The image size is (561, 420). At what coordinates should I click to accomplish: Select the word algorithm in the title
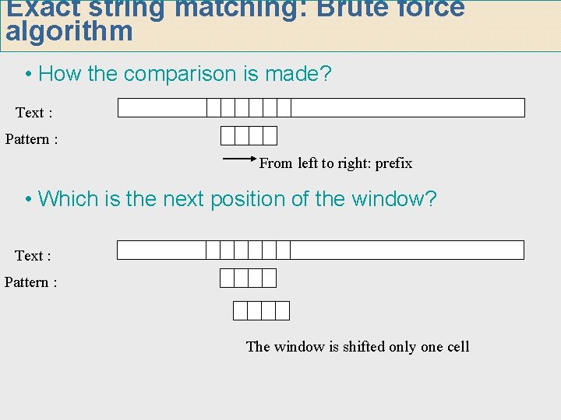tap(69, 33)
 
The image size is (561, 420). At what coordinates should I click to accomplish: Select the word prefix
tap(393, 163)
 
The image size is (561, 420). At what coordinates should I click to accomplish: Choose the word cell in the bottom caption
tap(458, 347)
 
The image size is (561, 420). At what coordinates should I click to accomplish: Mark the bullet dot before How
tap(28, 75)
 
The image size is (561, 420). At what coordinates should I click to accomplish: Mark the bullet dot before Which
tap(28, 200)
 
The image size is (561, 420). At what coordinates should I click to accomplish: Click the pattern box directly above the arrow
tap(249, 136)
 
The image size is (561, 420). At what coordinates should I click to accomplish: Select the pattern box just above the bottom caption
tap(261, 311)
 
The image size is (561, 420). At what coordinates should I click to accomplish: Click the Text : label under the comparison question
tap(34, 113)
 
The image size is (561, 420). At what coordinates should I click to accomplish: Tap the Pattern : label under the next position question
tap(31, 282)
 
